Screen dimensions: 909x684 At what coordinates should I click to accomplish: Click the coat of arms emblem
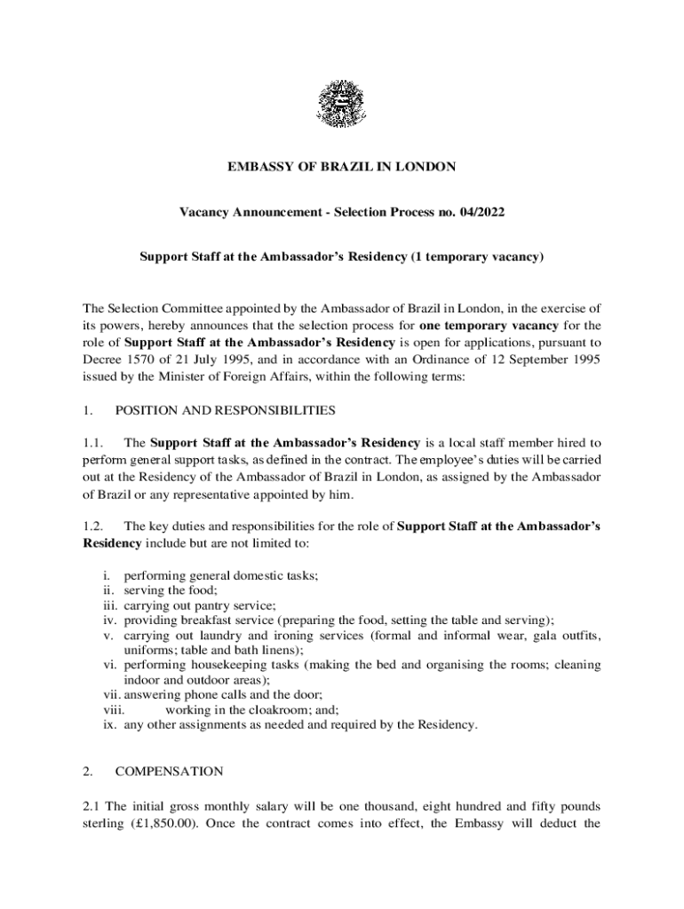pyautogui.click(x=341, y=104)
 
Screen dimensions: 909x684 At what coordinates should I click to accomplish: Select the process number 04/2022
pyautogui.click(x=480, y=212)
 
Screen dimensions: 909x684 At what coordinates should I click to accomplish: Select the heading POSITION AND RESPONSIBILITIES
pyautogui.click(x=226, y=411)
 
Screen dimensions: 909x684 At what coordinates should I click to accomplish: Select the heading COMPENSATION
pyautogui.click(x=169, y=771)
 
